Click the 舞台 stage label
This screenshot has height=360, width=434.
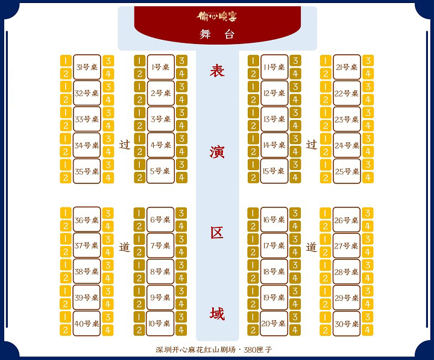point(216,34)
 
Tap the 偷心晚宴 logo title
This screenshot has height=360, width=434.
point(216,16)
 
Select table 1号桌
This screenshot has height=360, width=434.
point(160,68)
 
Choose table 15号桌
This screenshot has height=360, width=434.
point(274,171)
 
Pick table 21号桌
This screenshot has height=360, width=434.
point(347,68)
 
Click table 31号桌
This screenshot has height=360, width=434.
point(87,68)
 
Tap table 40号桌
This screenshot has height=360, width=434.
point(87,324)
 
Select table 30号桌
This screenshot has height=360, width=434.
point(347,324)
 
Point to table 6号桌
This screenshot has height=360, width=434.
point(160,220)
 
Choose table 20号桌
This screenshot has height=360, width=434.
point(274,324)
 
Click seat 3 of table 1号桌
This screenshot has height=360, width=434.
point(181,61)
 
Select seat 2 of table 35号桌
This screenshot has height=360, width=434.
point(66,178)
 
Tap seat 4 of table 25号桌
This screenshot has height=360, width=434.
point(368,178)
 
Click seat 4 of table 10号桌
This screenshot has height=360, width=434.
point(181,330)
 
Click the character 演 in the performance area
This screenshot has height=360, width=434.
point(217,151)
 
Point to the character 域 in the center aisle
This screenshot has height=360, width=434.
point(217,314)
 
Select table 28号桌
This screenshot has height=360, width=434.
point(347,272)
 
